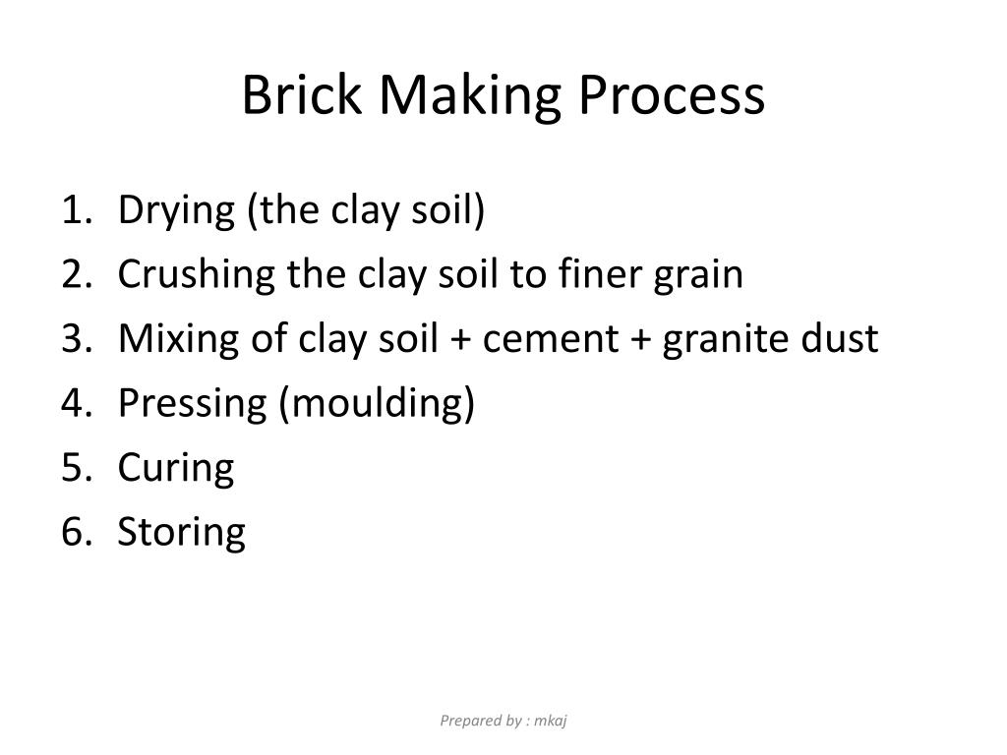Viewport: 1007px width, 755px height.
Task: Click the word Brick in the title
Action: [300, 96]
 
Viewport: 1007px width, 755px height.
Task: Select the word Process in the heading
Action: [672, 96]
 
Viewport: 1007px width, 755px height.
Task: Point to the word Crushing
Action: [197, 274]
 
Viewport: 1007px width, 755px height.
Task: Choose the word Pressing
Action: [193, 403]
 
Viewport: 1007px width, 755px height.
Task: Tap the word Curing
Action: [176, 468]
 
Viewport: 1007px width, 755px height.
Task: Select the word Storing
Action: [181, 532]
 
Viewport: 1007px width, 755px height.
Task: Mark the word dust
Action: [839, 338]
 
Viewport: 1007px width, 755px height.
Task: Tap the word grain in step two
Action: [699, 275]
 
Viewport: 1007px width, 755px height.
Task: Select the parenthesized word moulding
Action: [378, 403]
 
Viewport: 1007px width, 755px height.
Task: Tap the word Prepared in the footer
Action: [467, 721]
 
